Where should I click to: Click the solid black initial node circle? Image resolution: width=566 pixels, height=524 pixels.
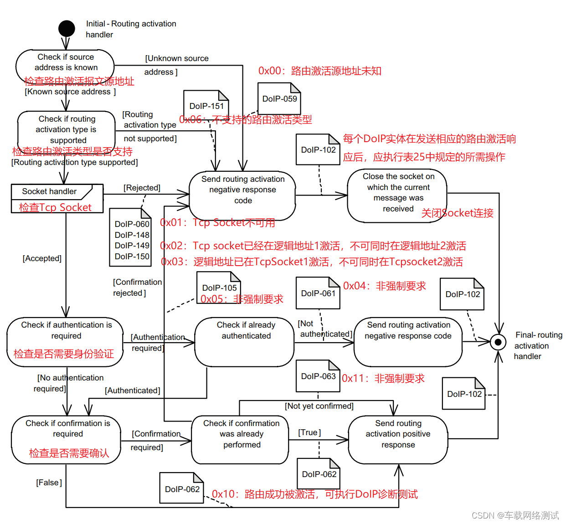tap(67, 29)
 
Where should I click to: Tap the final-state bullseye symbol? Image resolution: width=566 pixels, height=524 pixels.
tap(498, 342)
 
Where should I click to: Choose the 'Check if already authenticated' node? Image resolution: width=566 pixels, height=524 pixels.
tap(245, 342)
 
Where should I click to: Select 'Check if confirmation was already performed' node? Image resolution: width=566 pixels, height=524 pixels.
tap(240, 439)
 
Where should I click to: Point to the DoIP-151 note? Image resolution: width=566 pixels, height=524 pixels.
tap(206, 106)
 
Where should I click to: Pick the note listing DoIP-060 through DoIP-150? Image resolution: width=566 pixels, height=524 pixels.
tap(131, 240)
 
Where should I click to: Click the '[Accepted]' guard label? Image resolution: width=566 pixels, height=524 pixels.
tap(42, 258)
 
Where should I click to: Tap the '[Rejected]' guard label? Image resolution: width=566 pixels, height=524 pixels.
tap(142, 188)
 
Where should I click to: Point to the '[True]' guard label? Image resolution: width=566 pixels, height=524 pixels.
tap(309, 432)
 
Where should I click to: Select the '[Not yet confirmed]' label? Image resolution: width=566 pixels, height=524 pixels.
tap(319, 406)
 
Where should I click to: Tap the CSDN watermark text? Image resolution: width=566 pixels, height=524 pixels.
tap(515, 515)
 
